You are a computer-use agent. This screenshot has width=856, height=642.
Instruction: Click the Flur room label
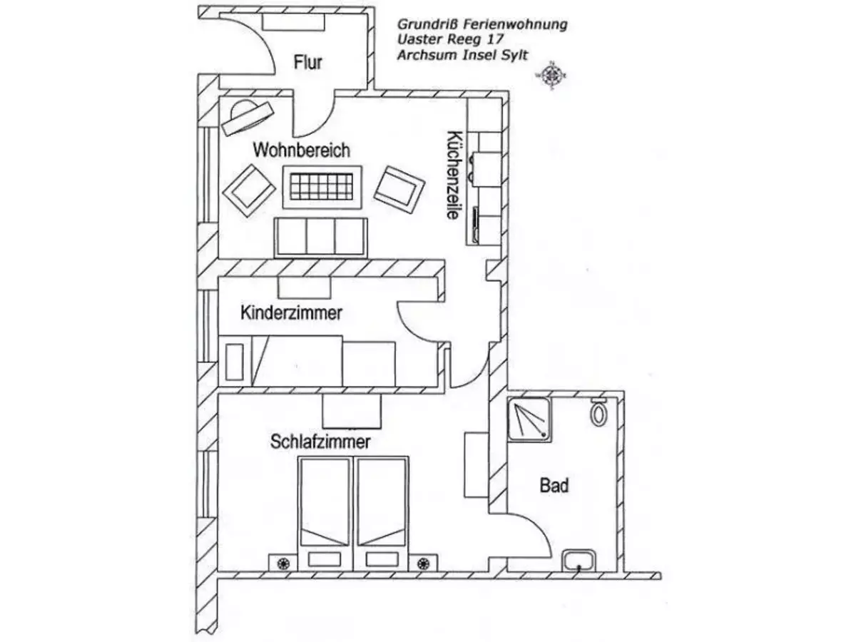click(307, 63)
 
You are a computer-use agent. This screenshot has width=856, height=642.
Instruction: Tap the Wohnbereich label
click(302, 150)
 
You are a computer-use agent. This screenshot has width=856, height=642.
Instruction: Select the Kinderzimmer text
click(291, 313)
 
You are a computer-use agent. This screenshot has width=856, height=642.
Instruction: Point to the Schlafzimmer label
click(320, 442)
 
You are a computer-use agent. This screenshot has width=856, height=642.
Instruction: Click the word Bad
click(554, 486)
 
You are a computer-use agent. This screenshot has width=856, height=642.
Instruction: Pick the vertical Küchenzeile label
click(454, 175)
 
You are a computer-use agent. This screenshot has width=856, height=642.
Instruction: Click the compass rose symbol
click(551, 75)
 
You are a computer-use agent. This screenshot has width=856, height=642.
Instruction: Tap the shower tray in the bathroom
click(529, 419)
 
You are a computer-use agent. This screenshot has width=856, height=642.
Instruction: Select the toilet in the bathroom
click(598, 412)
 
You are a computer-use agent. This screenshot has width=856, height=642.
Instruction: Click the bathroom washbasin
click(579, 561)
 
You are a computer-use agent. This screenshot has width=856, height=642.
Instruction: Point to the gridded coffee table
click(322, 187)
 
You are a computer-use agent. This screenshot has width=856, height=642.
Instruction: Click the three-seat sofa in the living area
click(320, 238)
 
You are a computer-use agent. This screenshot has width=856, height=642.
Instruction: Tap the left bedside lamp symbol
click(283, 564)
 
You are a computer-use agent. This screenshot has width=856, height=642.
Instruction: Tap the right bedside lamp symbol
click(424, 564)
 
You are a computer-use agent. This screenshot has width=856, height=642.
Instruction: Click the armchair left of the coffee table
click(249, 190)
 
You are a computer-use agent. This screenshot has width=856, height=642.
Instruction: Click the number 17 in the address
click(494, 39)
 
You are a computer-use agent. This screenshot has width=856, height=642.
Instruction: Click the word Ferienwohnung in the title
click(515, 24)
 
